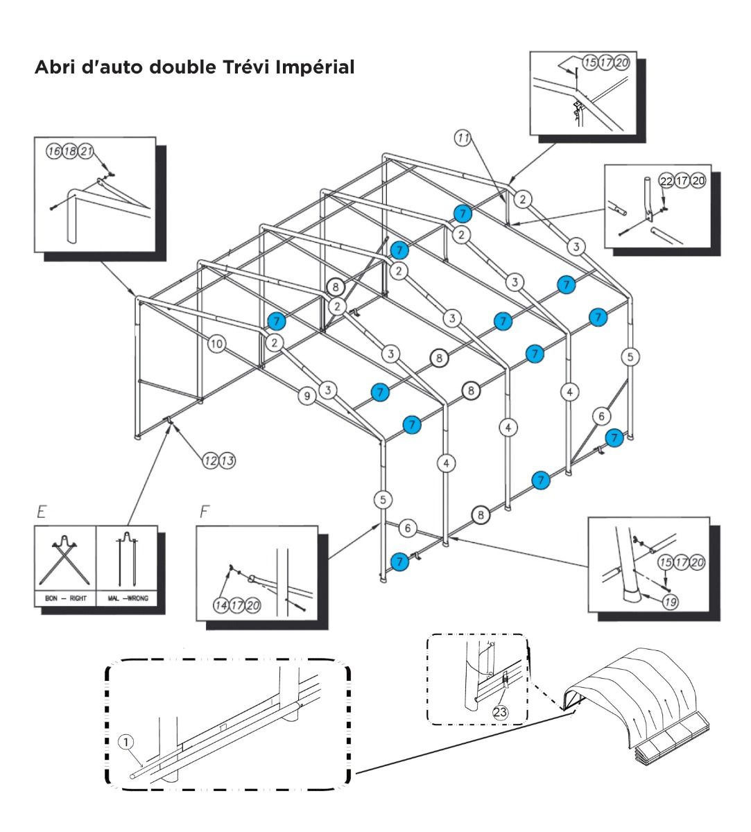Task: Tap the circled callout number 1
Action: click(x=126, y=742)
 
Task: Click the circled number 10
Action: click(x=217, y=343)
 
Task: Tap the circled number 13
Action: click(x=227, y=459)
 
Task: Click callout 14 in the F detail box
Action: click(x=221, y=605)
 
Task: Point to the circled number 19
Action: click(x=669, y=602)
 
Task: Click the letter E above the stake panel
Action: click(x=42, y=514)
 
